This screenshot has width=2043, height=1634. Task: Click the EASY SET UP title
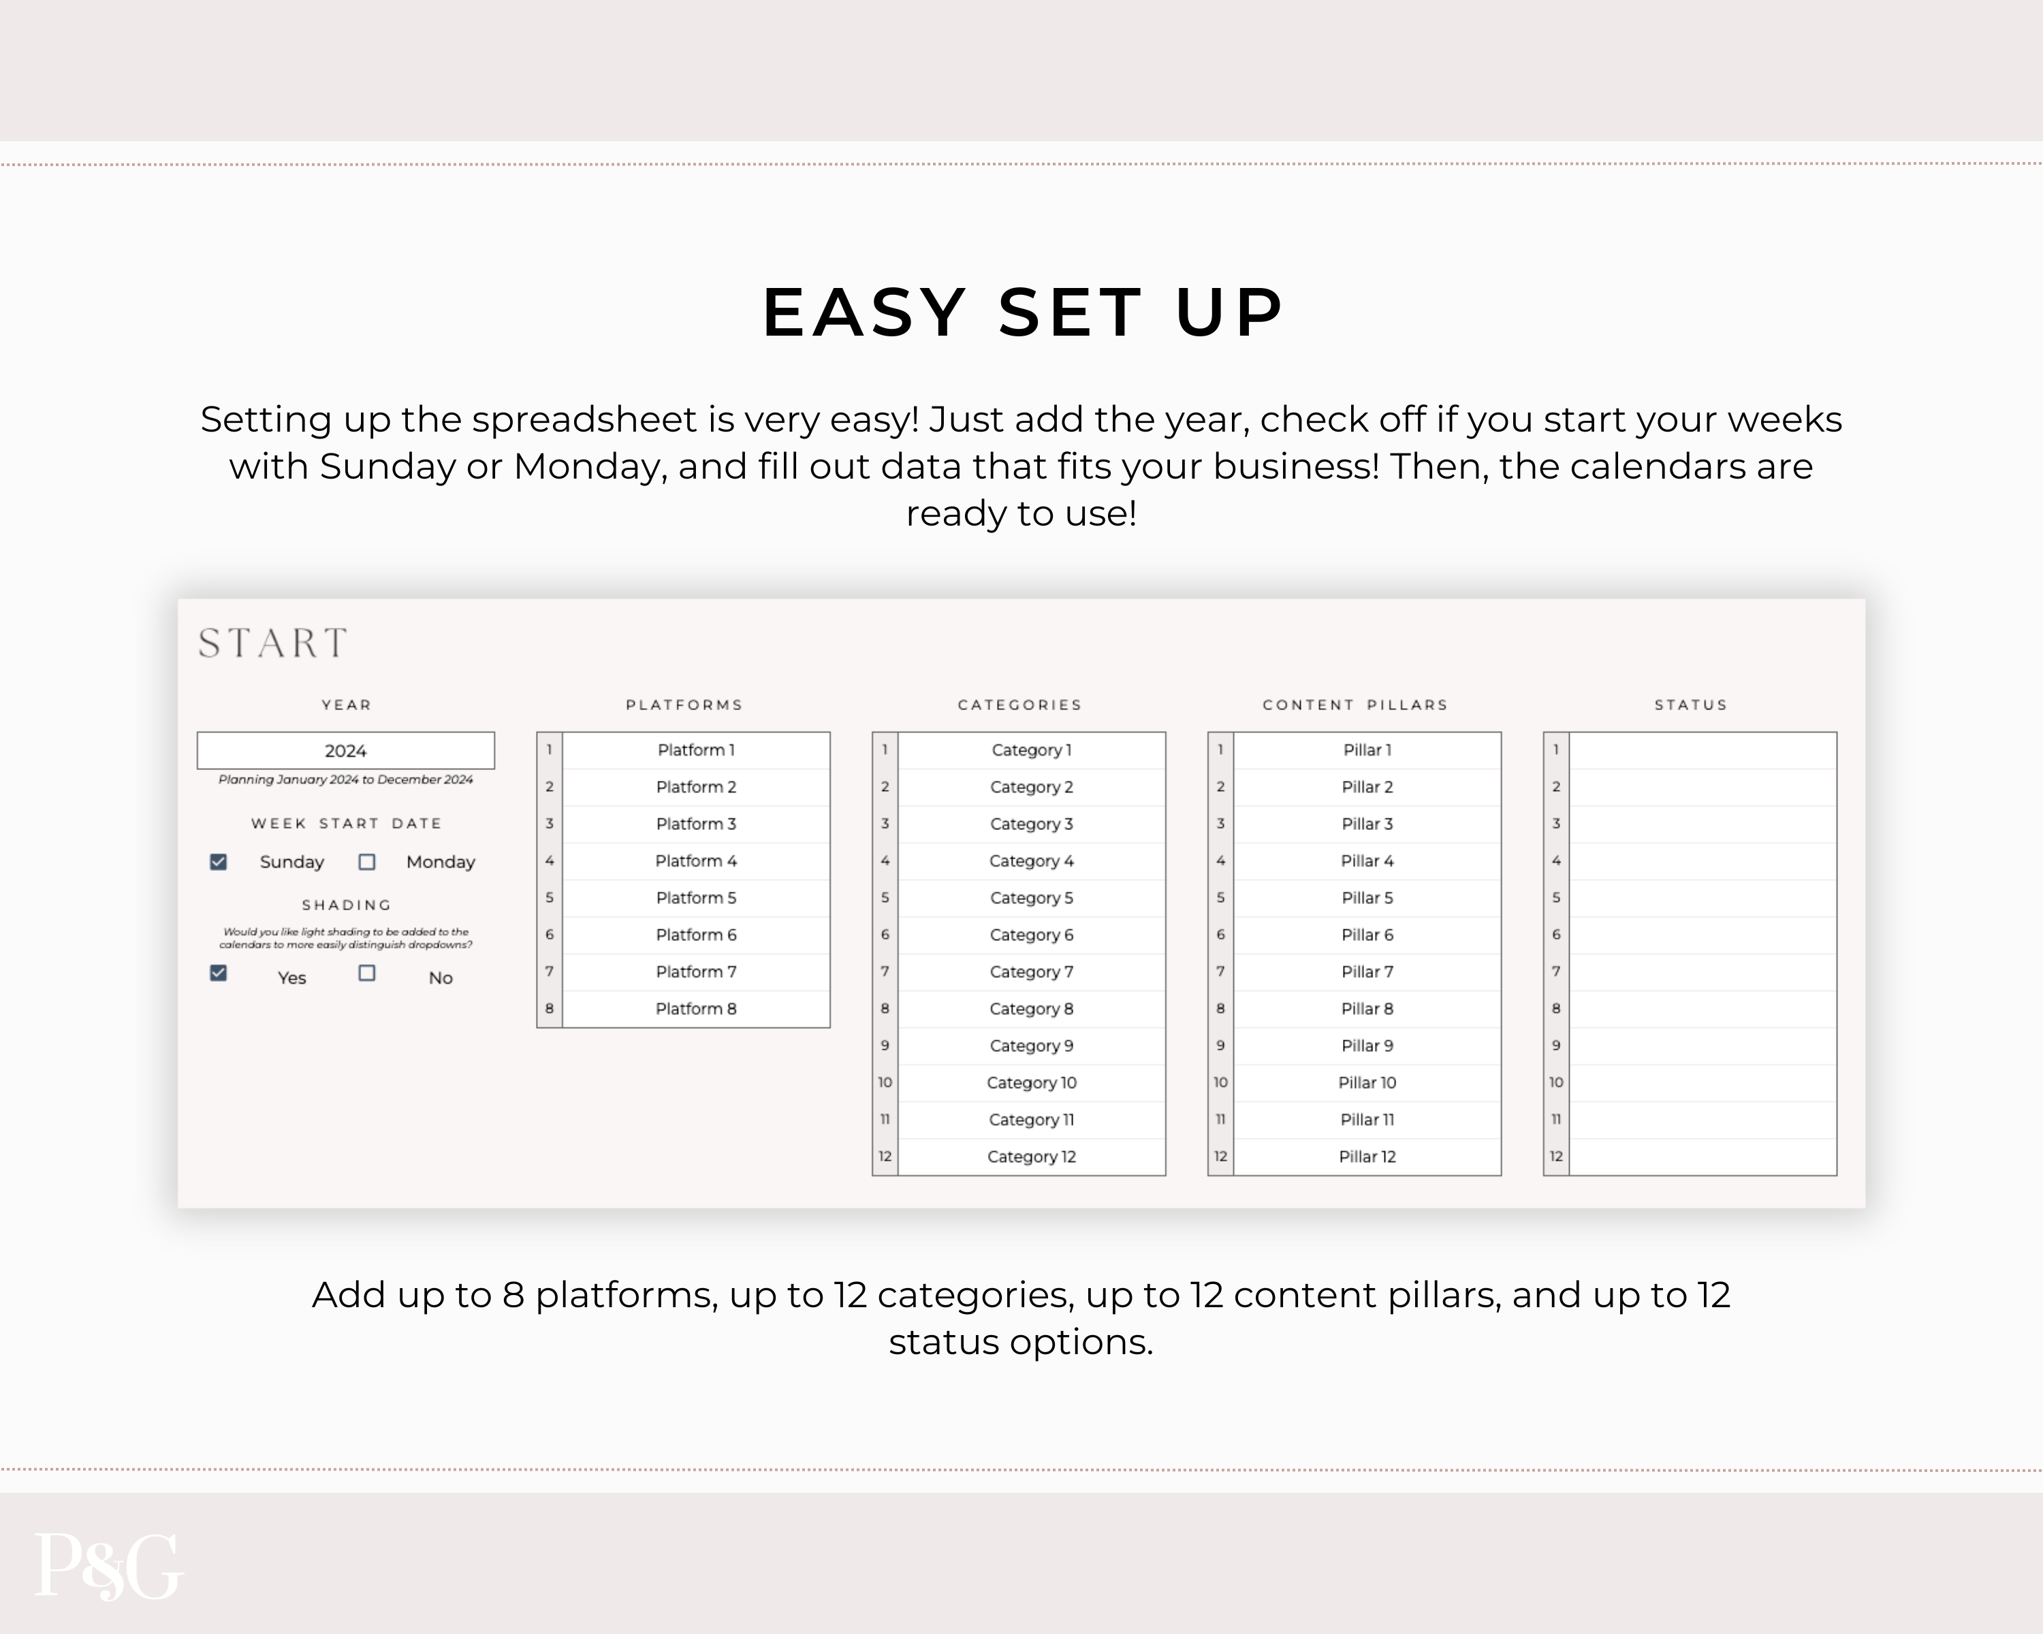1022,312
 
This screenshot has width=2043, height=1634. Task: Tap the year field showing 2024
346,750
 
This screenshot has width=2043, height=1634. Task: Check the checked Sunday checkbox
219,862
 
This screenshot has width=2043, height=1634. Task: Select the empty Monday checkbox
366,862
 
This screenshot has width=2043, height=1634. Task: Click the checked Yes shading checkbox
219,973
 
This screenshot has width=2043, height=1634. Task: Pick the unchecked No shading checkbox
366,973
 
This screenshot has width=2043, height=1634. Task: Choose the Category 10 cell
1031,1083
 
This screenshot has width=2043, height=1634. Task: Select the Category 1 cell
1031,750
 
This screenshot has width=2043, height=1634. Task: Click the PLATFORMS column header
684,705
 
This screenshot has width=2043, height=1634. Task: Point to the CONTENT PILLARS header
1355,705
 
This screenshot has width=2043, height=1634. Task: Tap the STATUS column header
1690,705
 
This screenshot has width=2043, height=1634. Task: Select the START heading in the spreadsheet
273,643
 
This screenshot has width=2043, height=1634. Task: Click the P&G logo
108,1567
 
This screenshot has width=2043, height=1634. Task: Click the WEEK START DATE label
346,823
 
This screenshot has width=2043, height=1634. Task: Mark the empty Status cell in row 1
1702,750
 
